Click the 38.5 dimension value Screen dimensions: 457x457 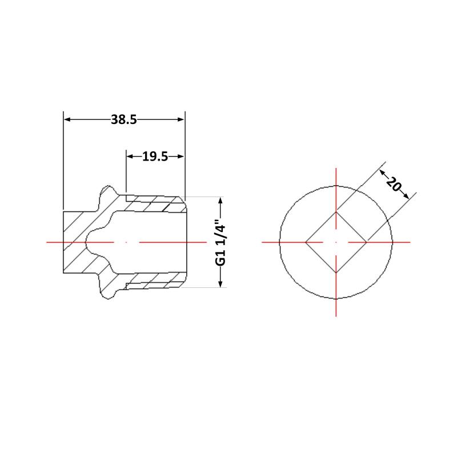pos(124,119)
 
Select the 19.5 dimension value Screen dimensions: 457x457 pos(155,157)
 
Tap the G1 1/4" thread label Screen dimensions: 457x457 pos(221,245)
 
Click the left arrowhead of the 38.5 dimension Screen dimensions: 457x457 pos(67,119)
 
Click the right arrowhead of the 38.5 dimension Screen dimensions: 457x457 pos(181,119)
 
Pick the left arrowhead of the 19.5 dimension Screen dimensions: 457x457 pos(130,157)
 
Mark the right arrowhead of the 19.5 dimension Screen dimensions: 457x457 pos(181,157)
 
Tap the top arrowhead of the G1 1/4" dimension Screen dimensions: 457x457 pos(221,201)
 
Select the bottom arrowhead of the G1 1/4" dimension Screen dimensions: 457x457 pos(221,283)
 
